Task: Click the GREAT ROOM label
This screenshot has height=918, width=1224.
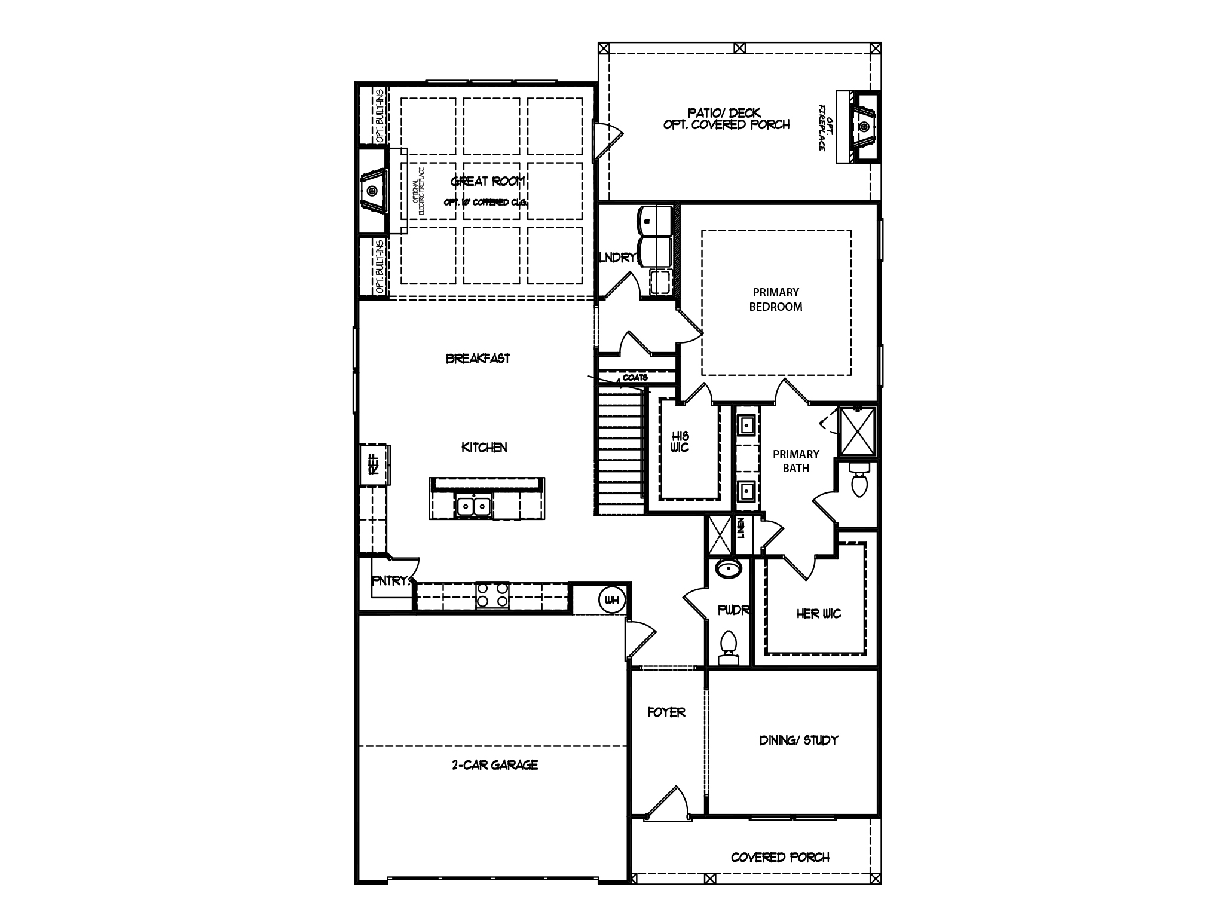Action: (x=488, y=181)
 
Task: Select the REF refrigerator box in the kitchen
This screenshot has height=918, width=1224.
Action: (x=374, y=464)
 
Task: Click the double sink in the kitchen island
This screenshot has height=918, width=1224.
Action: (x=473, y=506)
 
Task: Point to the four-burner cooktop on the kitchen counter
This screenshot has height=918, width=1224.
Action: (x=492, y=595)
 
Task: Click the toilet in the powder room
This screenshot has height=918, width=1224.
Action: (x=727, y=645)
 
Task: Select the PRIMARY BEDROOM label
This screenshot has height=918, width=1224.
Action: (x=776, y=299)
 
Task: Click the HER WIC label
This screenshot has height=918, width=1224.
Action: (x=818, y=614)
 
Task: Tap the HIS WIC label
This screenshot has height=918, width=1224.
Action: (x=680, y=442)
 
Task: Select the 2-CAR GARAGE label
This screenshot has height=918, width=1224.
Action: (x=495, y=765)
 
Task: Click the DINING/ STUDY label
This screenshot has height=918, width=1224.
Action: (x=798, y=740)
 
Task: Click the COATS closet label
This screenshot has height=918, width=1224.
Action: (x=635, y=378)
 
